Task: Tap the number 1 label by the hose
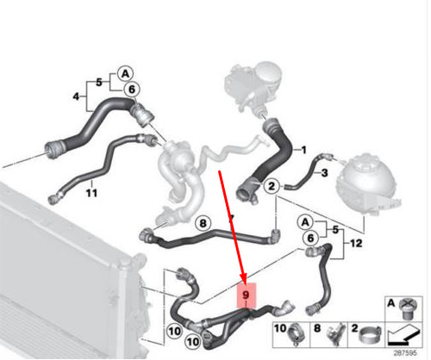[303, 152]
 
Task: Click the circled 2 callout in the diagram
[271, 186]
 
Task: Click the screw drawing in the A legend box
[404, 306]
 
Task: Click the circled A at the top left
[125, 72]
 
